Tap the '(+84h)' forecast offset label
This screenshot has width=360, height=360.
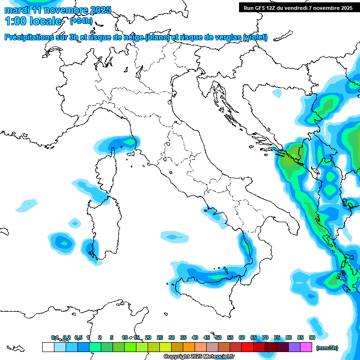pos(81,21)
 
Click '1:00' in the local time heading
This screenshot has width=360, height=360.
pos(14,21)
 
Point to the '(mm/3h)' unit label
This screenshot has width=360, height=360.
pos(327,348)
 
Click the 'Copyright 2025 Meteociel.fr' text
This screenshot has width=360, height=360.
pos(199,357)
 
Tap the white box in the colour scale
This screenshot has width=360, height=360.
pos(48,347)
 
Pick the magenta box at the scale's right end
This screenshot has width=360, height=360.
pos(306,347)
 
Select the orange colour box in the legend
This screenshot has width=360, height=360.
pos(189,347)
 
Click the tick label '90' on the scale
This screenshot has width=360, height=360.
pos(312,337)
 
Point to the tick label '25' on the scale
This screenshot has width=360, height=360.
pos(160,337)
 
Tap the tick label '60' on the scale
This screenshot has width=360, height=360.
pos(242,337)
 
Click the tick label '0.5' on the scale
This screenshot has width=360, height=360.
pos(78,337)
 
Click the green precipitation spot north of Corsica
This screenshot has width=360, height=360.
pos(127,141)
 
